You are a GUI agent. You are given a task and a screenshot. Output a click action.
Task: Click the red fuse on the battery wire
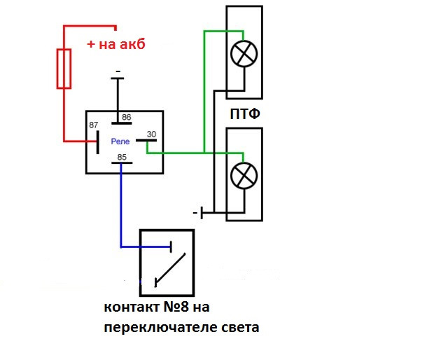click(x=64, y=69)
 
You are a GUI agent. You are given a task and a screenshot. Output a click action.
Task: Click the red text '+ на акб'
click(x=115, y=44)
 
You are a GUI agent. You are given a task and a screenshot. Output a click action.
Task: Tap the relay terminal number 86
click(x=127, y=118)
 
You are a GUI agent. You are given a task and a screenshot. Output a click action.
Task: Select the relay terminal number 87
click(x=93, y=125)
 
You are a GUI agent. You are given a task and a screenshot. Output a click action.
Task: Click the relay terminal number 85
click(x=122, y=158)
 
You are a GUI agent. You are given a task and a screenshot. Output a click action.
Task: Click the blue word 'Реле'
click(x=120, y=141)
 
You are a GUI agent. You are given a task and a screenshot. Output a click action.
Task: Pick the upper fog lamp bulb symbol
click(x=243, y=55)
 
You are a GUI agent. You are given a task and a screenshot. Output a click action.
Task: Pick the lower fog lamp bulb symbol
click(x=244, y=174)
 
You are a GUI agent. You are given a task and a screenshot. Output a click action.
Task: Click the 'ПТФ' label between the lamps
click(x=245, y=114)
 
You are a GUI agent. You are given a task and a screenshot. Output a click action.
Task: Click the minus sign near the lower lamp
click(x=194, y=212)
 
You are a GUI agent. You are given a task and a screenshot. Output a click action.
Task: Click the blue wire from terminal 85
click(x=121, y=210)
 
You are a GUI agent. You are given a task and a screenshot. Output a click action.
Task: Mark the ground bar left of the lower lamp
click(x=202, y=212)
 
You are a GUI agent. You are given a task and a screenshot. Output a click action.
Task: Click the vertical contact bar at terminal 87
click(x=97, y=141)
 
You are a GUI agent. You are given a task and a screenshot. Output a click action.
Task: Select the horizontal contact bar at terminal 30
click(x=145, y=141)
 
